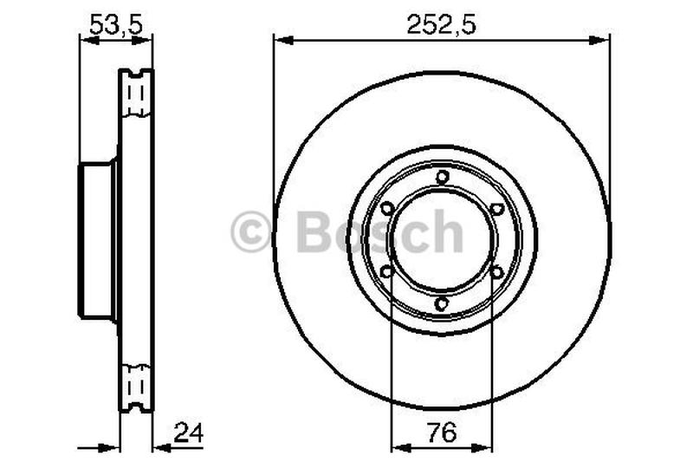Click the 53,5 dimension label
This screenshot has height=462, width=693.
116,25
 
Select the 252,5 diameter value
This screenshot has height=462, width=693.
441,25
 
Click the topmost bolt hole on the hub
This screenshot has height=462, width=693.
442,178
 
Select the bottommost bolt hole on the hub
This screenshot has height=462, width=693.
442,303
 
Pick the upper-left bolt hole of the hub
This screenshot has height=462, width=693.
387,209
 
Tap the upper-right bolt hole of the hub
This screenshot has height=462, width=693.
496,209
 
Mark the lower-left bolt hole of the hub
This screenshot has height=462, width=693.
387,272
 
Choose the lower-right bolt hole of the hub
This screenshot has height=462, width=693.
496,272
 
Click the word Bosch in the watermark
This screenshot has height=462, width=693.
379,232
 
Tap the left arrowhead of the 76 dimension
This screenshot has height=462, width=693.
398,447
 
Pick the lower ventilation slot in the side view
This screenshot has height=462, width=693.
135,384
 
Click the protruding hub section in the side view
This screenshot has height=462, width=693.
98,240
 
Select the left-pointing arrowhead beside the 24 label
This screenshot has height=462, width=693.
160,447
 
